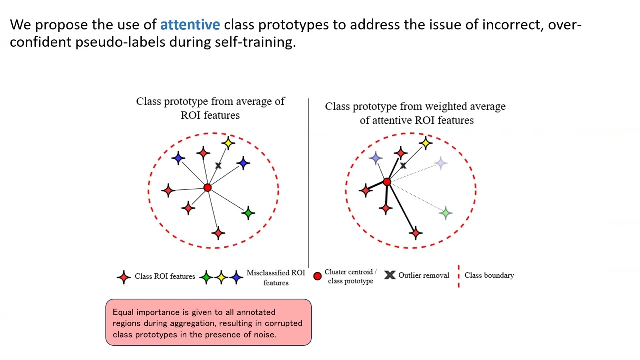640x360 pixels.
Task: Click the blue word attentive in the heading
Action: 190,24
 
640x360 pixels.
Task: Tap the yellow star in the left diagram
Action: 228,143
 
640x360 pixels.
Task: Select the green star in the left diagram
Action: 248,213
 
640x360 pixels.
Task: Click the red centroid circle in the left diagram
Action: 207,188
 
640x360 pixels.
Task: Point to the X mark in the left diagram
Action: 218,165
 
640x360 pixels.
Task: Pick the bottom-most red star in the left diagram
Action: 218,232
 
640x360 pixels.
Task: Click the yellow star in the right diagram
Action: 425,143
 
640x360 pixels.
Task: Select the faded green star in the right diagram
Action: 445,213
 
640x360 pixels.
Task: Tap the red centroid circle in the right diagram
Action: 387,182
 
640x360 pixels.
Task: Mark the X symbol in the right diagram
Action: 403,165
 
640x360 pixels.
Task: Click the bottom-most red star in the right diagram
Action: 415,232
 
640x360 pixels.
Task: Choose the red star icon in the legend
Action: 124,277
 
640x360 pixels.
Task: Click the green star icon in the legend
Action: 206,277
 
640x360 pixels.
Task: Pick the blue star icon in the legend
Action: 236,277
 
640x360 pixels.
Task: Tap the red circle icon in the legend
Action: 317,276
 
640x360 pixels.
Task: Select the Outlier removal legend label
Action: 423,275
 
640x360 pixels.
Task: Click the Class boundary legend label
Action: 489,275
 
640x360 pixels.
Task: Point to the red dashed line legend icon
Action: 458,276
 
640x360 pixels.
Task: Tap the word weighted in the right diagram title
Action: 440,106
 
